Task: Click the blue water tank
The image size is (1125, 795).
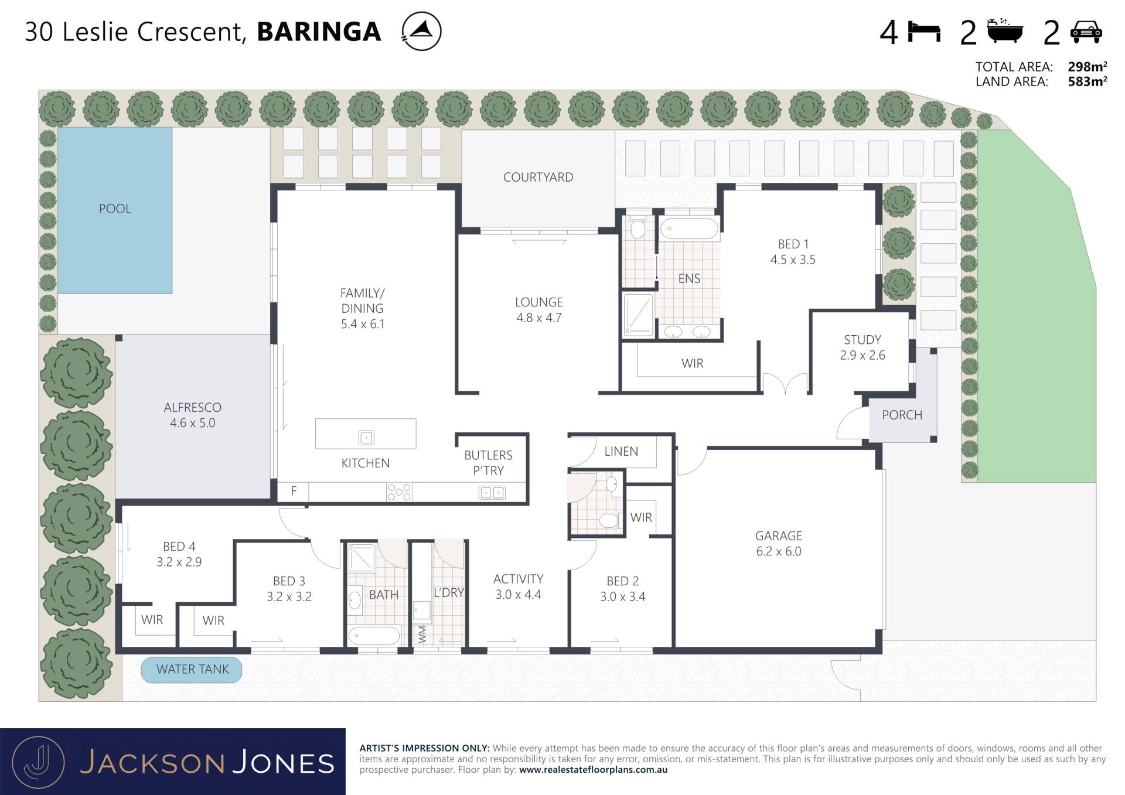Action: click(x=192, y=670)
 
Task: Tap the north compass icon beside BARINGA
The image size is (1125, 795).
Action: click(x=421, y=31)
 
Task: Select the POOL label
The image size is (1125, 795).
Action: click(x=115, y=209)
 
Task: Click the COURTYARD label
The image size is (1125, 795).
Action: click(x=538, y=177)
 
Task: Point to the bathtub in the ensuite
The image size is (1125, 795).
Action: click(x=689, y=228)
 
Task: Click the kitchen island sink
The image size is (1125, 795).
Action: click(x=366, y=437)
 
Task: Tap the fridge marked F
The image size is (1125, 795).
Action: click(x=294, y=492)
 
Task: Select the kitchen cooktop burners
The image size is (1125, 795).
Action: click(x=399, y=492)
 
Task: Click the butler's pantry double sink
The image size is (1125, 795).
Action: click(x=492, y=493)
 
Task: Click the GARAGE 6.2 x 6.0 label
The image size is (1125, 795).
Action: click(x=779, y=544)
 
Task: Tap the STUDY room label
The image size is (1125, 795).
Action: click(x=862, y=340)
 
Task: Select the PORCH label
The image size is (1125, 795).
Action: click(x=902, y=415)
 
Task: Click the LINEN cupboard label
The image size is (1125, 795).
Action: click(x=621, y=451)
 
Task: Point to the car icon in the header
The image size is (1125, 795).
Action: click(x=1086, y=32)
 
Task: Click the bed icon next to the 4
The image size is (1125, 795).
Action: click(x=924, y=32)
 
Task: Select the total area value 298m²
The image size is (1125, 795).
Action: click(x=1087, y=67)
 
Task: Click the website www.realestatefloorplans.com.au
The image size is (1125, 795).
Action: click(x=593, y=770)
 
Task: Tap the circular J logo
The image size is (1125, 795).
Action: click(x=39, y=762)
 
